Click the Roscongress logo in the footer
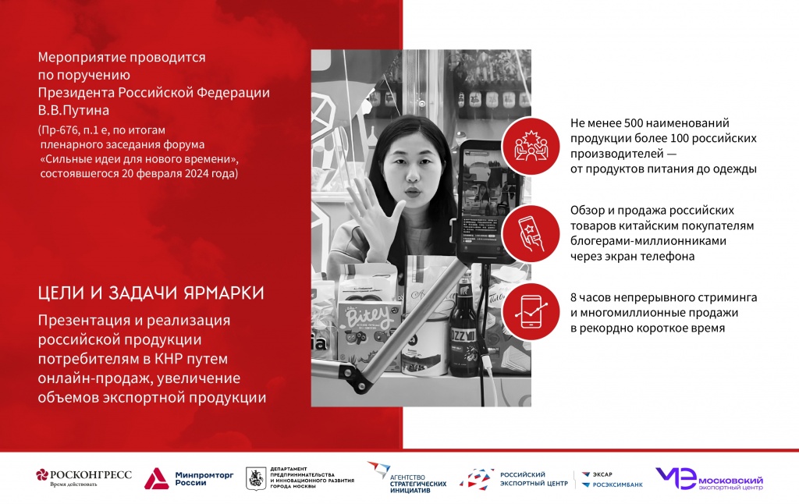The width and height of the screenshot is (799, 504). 83,477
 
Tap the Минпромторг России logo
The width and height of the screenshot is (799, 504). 178,478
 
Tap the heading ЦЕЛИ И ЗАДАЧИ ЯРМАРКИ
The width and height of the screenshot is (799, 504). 151,293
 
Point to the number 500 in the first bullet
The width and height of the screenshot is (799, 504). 634,124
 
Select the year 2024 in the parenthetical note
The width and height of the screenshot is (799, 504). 197,173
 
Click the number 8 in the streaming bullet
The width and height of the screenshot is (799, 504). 574,298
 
